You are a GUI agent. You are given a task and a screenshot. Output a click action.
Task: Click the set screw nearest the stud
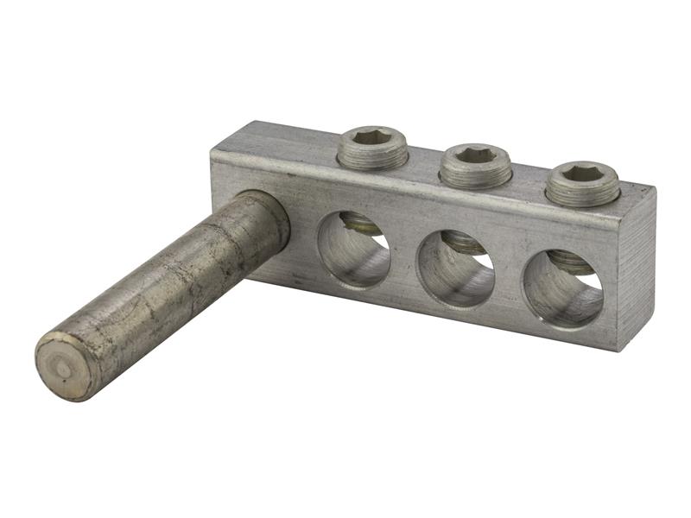click(372, 148)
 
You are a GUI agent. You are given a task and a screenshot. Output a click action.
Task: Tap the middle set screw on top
click(475, 166)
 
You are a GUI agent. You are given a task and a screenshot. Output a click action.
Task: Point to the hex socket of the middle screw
click(475, 155)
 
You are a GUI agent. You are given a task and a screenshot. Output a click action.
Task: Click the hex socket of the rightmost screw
click(582, 174)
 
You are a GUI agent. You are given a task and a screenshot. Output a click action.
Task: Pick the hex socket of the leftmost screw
click(372, 138)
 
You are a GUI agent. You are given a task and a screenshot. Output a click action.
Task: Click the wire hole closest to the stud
click(353, 250)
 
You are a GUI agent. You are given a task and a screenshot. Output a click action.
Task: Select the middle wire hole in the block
click(455, 269)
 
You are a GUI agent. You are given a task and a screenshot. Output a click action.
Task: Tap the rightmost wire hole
click(562, 289)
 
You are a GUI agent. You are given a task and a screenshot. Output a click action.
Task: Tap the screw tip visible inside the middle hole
click(467, 244)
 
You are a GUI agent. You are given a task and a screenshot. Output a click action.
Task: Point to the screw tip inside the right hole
click(572, 262)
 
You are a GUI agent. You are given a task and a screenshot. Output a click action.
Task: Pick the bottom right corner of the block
click(618, 347)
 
